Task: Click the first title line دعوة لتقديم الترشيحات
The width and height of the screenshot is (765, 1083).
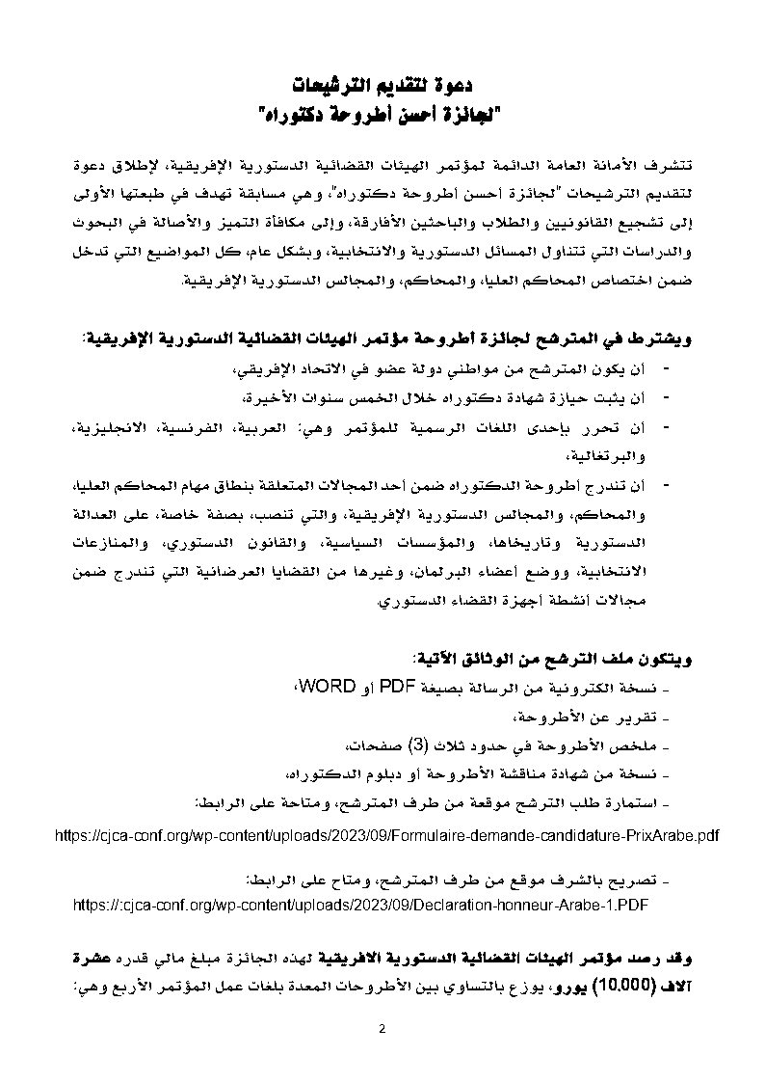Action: [382, 86]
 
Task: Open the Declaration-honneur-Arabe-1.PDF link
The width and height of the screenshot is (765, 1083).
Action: [364, 906]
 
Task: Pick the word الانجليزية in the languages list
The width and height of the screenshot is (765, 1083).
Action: [317, 425]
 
